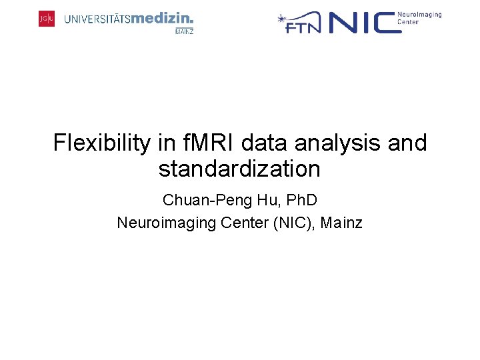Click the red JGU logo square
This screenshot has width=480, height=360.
pyautogui.click(x=47, y=19)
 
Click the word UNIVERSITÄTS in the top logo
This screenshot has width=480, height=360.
pyautogui.click(x=97, y=20)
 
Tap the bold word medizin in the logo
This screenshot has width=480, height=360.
pyautogui.click(x=162, y=19)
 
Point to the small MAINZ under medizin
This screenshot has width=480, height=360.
pyautogui.click(x=184, y=31)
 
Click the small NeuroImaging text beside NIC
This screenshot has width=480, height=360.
pyautogui.click(x=419, y=15)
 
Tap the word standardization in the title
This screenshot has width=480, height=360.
pyautogui.click(x=239, y=169)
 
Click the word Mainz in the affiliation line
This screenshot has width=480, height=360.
pyautogui.click(x=341, y=223)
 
